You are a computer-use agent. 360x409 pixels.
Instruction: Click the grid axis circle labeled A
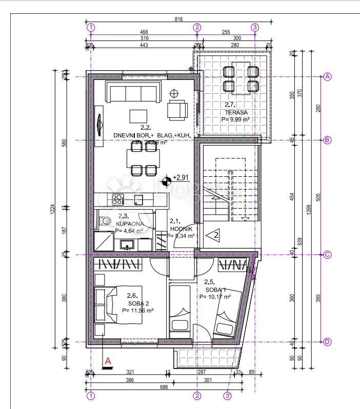[x=327, y=77]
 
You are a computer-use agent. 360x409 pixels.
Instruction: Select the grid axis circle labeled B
[x=327, y=140]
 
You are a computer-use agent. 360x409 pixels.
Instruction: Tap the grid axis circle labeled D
[x=327, y=342]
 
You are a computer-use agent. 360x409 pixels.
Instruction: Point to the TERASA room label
[x=236, y=113]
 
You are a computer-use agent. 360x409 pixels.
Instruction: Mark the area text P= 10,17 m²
[x=215, y=296]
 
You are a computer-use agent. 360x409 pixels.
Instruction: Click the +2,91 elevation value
[x=182, y=177]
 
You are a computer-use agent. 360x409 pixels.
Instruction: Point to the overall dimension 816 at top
[x=178, y=19]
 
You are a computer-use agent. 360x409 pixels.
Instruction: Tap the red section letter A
[x=108, y=361]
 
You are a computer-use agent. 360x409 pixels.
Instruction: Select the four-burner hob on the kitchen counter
[x=118, y=199]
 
